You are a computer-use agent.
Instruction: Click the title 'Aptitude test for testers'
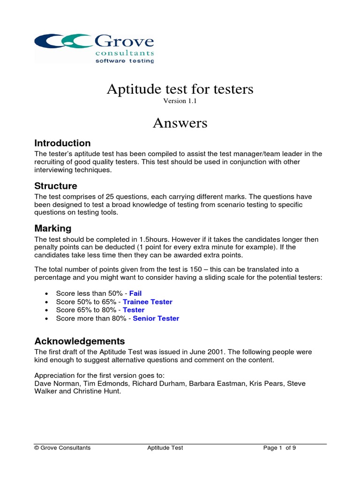(x=180, y=89)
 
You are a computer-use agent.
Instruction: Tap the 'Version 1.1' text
(x=180, y=101)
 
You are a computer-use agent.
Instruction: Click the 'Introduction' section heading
(x=63, y=143)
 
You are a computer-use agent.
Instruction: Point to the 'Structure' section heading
(x=56, y=186)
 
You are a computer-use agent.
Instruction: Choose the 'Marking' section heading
(x=53, y=229)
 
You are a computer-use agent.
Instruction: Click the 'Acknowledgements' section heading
(x=80, y=341)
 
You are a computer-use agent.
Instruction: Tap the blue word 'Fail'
(x=135, y=293)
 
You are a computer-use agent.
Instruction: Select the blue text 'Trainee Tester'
(x=147, y=302)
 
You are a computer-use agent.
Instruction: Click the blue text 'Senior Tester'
(x=156, y=318)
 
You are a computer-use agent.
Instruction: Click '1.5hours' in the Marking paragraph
(x=155, y=240)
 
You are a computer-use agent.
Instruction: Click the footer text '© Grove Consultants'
(x=62, y=448)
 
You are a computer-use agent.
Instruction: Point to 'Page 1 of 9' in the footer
(x=279, y=448)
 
